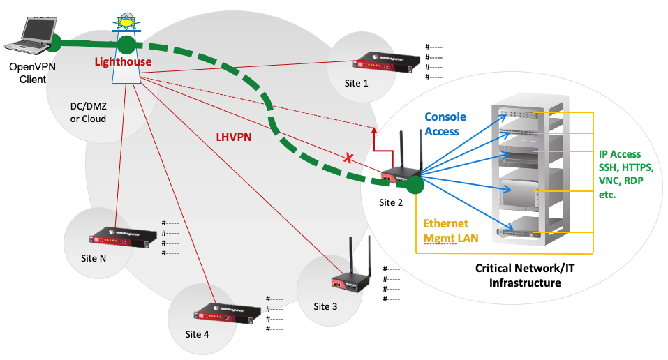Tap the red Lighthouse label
pos(123,62)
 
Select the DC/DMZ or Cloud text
pos(88,112)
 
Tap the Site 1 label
pos(356,83)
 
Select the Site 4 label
pos(196,333)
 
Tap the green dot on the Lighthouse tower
pos(126,46)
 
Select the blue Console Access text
pos(445,123)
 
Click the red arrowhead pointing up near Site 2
pos(375,130)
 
